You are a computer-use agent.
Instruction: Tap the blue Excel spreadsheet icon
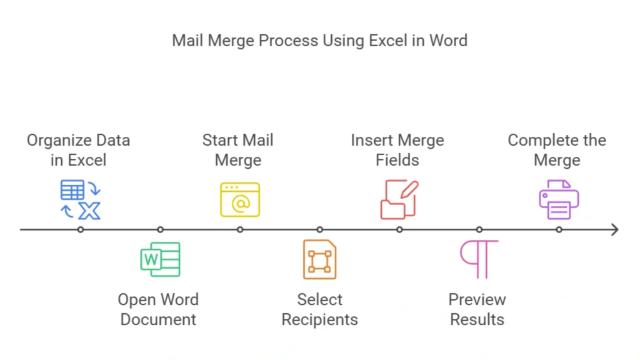[80, 200]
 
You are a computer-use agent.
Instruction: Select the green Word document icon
[160, 259]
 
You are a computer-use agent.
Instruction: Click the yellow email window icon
[240, 199]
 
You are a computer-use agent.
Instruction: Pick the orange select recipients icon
[319, 259]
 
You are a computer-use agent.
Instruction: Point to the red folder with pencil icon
[399, 199]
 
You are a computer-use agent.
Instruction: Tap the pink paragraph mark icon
[479, 259]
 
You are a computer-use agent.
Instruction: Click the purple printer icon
[559, 199]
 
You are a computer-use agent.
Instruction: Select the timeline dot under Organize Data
[81, 229]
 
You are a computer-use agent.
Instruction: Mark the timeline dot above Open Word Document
[160, 229]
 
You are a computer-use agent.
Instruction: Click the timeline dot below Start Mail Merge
[240, 229]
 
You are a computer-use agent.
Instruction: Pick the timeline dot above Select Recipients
[319, 229]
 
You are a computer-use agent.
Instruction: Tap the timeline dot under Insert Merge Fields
[399, 229]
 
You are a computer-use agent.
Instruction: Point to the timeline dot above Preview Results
[479, 229]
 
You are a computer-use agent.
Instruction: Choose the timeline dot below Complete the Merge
[559, 229]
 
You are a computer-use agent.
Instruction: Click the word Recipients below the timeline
[319, 319]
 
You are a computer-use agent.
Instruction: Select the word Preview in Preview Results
[477, 299]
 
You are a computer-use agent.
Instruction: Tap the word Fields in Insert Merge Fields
[397, 160]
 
